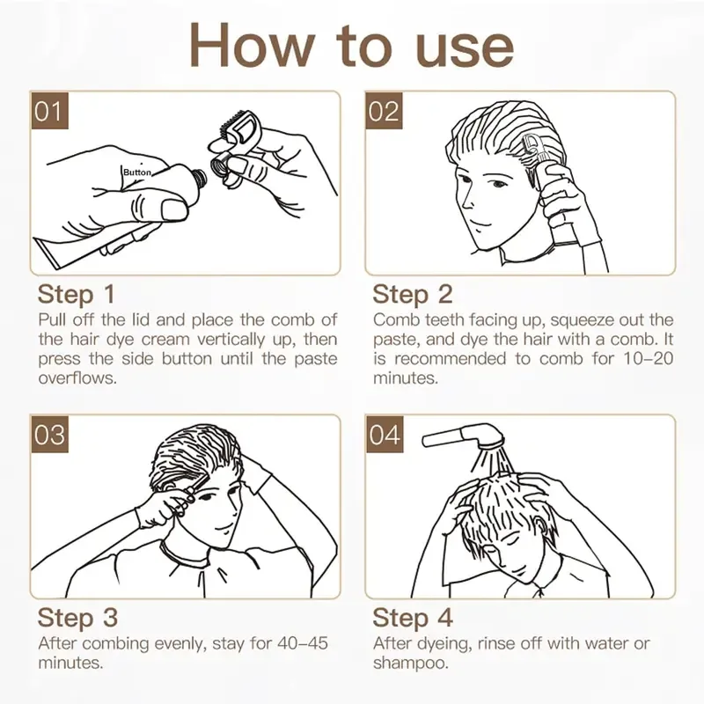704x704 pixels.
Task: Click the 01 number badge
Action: pos(49,111)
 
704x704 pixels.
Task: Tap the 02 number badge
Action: pos(384,111)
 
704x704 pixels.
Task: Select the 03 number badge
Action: pos(49,434)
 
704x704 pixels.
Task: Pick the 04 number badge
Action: pos(385,434)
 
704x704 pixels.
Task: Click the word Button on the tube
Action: pos(137,172)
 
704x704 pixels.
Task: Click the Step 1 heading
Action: pos(77,295)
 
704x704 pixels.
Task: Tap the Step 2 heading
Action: pos(413,295)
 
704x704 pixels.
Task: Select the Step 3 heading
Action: pos(77,618)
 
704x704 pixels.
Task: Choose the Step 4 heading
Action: pos(413,618)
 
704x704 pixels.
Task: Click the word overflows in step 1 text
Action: pos(77,378)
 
